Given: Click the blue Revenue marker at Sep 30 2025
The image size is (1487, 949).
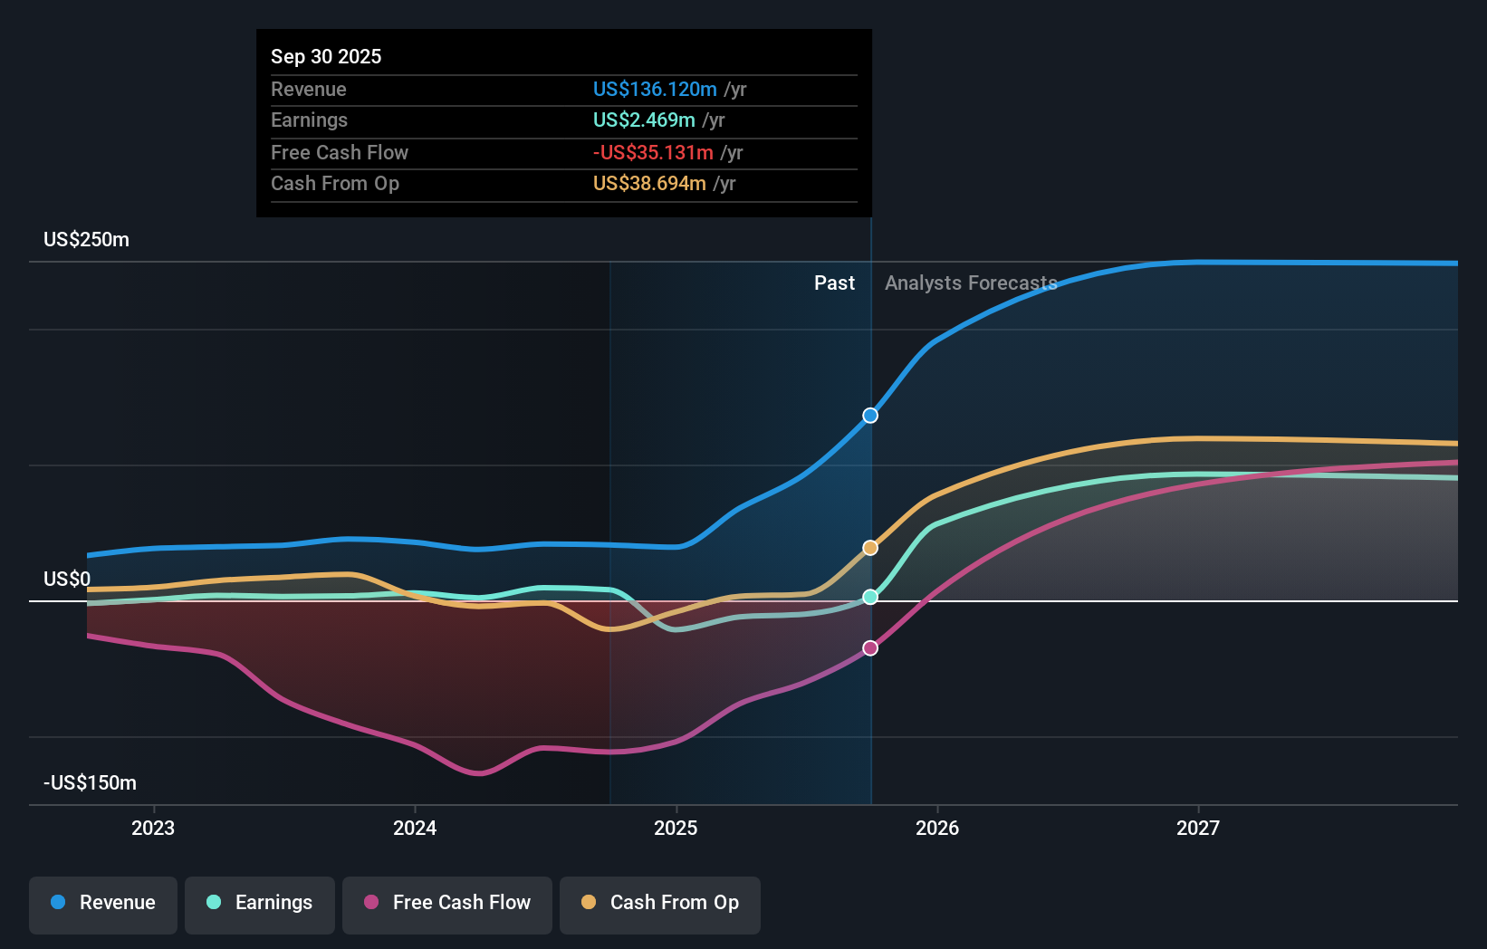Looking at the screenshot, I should click(870, 416).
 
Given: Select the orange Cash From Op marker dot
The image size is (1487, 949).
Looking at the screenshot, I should click(870, 548).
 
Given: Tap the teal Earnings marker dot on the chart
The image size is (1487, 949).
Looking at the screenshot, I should click(870, 597).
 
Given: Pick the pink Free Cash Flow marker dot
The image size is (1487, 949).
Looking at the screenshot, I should click(870, 648).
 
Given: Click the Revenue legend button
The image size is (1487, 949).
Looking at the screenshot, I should click(103, 904).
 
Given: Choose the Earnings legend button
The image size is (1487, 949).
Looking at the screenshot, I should click(260, 904).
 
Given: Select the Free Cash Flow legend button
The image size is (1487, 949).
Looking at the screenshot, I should click(447, 904).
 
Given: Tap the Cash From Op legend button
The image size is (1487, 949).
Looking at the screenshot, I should click(660, 904).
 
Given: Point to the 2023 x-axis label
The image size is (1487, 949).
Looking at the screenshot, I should click(153, 828).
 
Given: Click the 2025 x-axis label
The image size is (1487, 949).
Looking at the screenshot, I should click(676, 828).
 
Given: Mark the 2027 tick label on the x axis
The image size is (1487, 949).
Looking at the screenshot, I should click(1197, 828).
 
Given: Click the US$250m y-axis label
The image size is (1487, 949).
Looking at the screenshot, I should click(87, 240).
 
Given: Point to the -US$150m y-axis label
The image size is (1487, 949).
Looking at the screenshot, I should click(90, 783).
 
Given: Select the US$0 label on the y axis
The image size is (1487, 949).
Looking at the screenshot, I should click(67, 580).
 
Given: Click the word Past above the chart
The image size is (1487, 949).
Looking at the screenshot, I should click(834, 283).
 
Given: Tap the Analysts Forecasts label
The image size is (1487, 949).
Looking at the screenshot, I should click(971, 283).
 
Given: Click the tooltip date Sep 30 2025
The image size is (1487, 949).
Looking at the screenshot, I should click(326, 56).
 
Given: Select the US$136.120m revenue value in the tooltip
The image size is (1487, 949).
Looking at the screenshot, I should click(655, 89).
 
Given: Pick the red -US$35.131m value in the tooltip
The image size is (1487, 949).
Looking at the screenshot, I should click(653, 152).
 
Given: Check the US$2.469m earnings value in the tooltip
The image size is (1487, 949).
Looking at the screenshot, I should click(644, 120).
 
